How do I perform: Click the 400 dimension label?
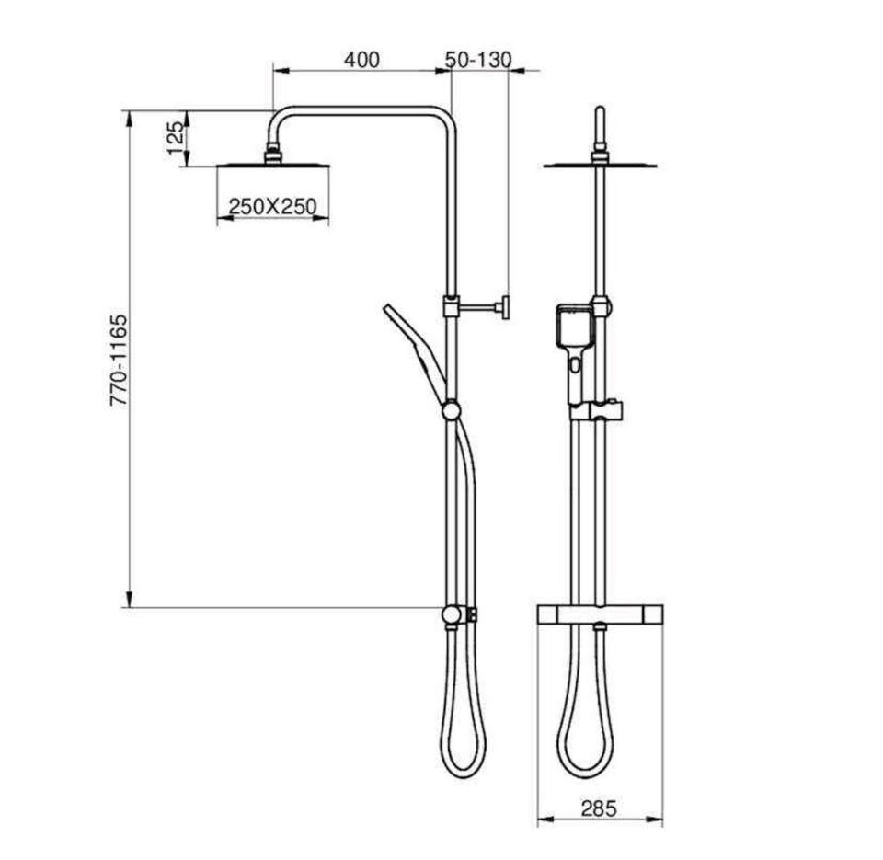361,59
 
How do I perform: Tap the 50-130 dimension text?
478,59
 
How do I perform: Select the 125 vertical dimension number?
176,138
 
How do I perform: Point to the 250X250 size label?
272,207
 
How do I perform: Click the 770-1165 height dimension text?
119,361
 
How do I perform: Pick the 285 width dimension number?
599,808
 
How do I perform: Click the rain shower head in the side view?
272,165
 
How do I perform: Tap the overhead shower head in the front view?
600,166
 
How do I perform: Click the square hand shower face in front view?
575,327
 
